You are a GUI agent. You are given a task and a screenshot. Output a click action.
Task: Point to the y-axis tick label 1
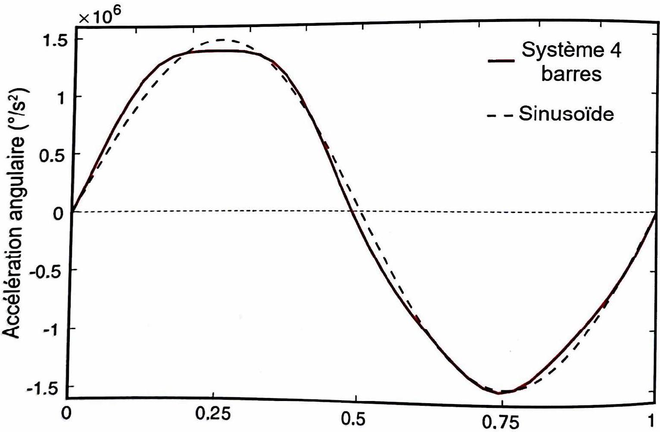[61, 98]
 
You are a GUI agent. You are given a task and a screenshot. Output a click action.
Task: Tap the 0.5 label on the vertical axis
[53, 155]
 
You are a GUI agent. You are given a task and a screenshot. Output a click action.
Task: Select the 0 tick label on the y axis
[59, 213]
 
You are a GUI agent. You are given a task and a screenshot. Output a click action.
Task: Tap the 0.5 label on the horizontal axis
[354, 419]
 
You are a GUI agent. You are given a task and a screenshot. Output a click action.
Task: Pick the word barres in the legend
[571, 74]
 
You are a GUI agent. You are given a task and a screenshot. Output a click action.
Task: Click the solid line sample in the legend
[501, 61]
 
